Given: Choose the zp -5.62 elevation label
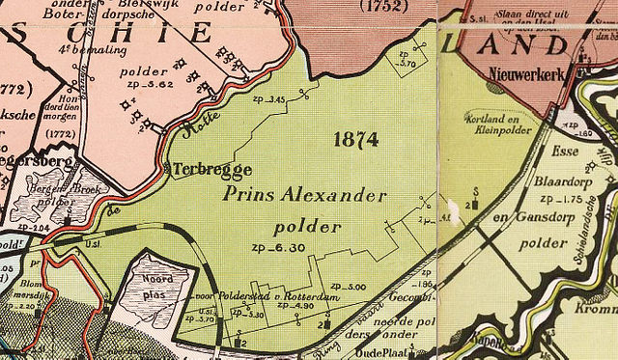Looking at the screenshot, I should point(147,85).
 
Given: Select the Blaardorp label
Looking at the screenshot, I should point(562,182).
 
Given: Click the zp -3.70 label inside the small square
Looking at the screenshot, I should point(407,65).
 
